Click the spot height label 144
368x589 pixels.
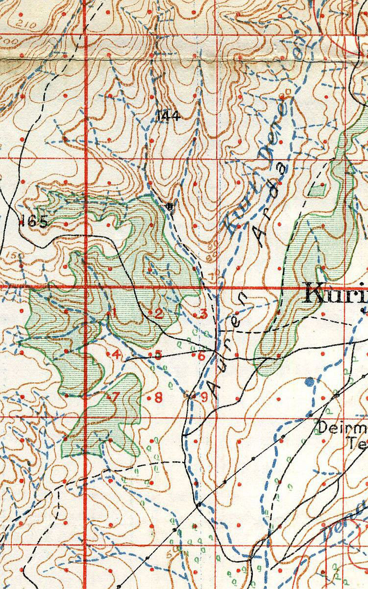tap(169, 116)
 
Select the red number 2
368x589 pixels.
tap(159, 314)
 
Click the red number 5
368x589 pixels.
tap(158, 354)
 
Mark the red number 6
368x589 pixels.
tap(201, 356)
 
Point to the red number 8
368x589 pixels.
tap(158, 398)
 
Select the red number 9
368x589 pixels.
tap(204, 397)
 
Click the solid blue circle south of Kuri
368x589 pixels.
tap(310, 381)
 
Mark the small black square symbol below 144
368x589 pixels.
tap(170, 206)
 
